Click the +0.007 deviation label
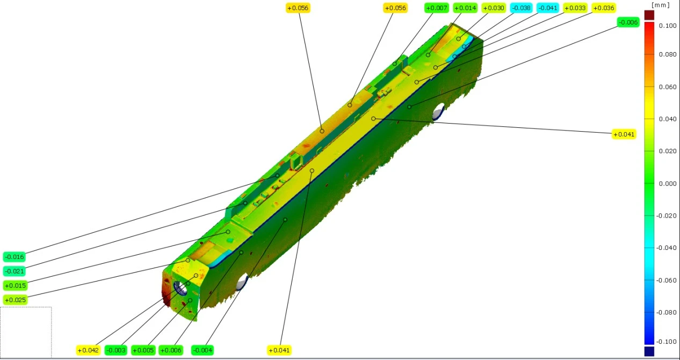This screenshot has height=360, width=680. tap(437, 8)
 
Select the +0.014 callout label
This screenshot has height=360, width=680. tap(465, 8)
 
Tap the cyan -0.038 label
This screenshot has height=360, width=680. tap(521, 8)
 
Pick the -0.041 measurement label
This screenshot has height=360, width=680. tap(548, 8)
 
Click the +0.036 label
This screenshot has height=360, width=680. tap(604, 8)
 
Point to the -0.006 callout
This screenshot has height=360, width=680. tap(628, 22)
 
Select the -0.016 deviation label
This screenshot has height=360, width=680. tap(15, 257)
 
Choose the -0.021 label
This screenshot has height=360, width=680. tap(15, 271)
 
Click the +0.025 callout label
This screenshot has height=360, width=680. tap(15, 300)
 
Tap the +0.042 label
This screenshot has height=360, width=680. tap(88, 350)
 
